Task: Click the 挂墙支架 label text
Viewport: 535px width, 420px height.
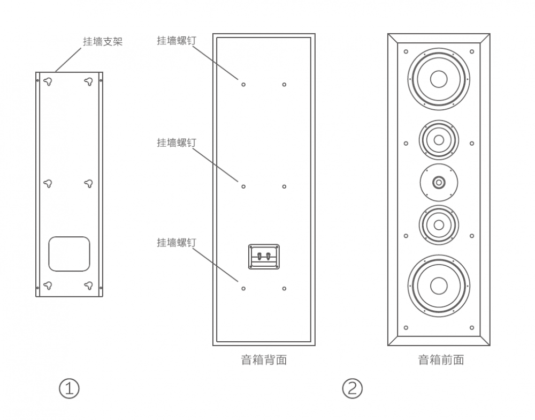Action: tap(103, 41)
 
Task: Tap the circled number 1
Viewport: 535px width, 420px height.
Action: tap(69, 388)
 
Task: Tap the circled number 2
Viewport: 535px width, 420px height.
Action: tap(352, 388)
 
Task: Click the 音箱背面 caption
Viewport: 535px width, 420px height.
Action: tap(264, 359)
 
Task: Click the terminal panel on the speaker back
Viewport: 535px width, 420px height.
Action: tap(264, 257)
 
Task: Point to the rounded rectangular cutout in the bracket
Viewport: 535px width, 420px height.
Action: tap(69, 254)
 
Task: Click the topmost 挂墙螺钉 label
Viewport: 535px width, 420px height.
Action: tap(177, 41)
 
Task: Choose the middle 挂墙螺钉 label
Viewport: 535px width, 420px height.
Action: tap(177, 142)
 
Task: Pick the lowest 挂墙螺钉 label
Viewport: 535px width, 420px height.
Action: tap(177, 243)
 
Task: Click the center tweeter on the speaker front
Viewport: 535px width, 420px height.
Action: tap(439, 182)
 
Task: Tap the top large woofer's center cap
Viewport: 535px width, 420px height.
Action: tap(439, 79)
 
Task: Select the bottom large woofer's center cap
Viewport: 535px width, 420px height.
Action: tap(439, 286)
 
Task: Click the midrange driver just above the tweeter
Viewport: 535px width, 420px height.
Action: tap(439, 140)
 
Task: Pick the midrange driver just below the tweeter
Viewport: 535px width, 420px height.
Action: tap(439, 224)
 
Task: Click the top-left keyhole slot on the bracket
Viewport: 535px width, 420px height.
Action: tap(48, 81)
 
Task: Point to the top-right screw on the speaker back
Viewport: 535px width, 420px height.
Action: tap(284, 84)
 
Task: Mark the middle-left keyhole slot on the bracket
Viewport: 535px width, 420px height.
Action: tap(48, 183)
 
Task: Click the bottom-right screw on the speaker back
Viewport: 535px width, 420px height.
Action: tap(284, 288)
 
